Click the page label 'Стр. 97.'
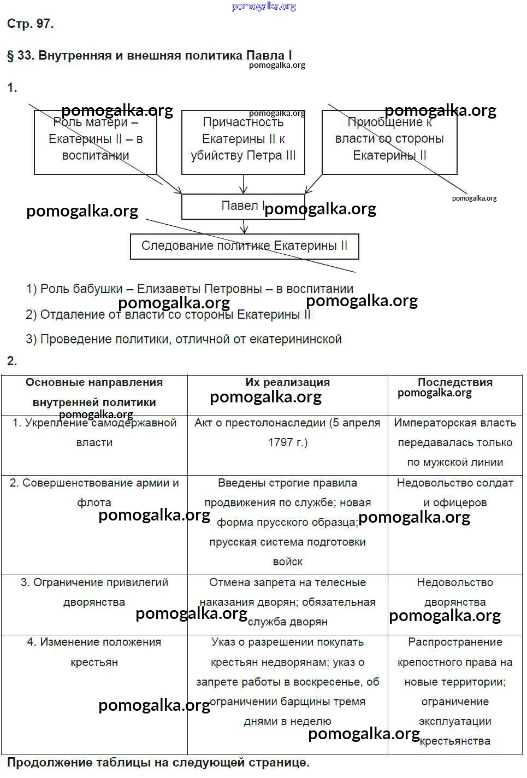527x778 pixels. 30,24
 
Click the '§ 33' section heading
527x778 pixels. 149,55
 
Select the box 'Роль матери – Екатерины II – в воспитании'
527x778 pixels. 95,142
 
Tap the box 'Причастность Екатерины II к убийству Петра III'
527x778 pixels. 243,142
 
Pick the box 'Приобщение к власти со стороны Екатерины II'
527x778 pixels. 389,142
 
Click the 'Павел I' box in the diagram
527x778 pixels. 242,206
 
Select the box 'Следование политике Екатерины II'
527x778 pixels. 244,246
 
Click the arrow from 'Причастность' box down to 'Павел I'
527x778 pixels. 243,184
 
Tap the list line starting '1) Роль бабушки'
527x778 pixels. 190,289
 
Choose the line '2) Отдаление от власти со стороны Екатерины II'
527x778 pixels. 168,314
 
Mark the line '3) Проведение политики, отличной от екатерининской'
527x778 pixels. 183,339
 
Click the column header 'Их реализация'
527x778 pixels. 287,382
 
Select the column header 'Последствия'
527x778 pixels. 455,382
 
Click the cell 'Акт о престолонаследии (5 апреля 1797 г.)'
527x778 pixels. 287,432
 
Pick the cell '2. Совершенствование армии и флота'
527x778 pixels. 94,493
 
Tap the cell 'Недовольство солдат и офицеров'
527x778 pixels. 455,493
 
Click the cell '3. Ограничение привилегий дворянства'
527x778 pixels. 94,592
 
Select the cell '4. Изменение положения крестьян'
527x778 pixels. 94,652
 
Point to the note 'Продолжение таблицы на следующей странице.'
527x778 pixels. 158,762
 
